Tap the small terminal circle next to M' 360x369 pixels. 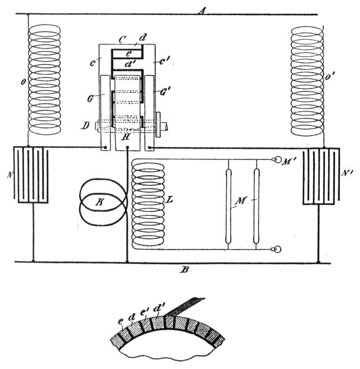click(277, 160)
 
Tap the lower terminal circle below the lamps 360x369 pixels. click(276, 249)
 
